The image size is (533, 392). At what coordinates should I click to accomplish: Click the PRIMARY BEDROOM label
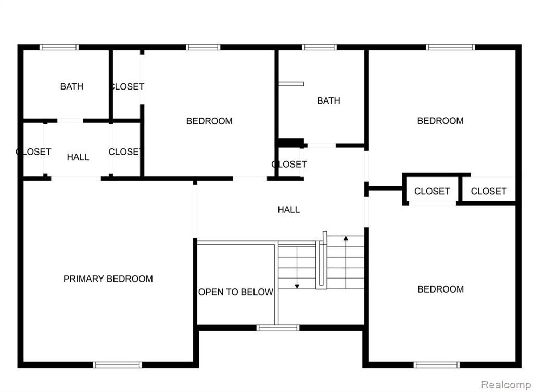[x=108, y=279]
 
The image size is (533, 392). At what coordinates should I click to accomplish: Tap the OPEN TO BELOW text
[x=236, y=292]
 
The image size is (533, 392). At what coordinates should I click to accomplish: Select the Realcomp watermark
[x=506, y=385]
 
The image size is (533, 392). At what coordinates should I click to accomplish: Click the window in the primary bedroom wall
[x=117, y=365]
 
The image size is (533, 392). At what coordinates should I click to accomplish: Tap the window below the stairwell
[x=278, y=328]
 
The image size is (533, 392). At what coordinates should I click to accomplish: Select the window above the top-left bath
[x=59, y=47]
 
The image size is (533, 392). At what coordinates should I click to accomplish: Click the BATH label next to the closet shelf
[x=328, y=100]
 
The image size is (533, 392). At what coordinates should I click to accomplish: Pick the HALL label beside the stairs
[x=288, y=210]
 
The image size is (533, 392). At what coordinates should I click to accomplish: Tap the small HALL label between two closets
[x=78, y=157]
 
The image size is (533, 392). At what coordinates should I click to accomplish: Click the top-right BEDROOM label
[x=440, y=121]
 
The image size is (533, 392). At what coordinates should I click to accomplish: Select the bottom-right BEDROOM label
[x=440, y=289]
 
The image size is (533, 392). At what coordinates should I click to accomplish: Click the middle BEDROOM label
[x=209, y=121]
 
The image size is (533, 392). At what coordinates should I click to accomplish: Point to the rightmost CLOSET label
[x=488, y=191]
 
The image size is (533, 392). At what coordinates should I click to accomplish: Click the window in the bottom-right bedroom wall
[x=437, y=365]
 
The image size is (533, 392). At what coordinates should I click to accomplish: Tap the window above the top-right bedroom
[x=450, y=47]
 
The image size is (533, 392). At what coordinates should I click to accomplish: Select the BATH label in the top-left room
[x=72, y=86]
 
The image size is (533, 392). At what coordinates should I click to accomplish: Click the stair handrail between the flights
[x=322, y=261]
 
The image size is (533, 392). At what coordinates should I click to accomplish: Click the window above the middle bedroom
[x=203, y=47]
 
